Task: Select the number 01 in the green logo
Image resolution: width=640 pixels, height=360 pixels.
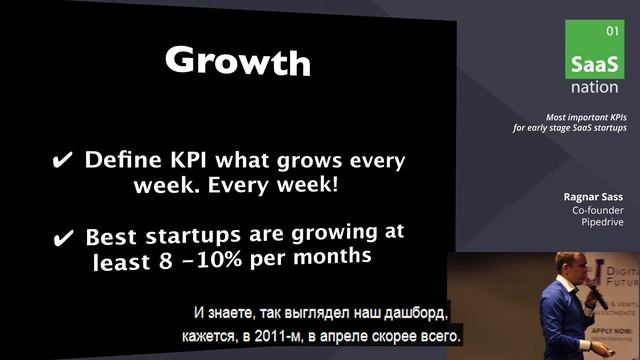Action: (x=613, y=32)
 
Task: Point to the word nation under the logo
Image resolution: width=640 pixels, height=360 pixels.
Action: (x=594, y=87)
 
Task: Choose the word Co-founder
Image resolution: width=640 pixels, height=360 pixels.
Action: (x=598, y=211)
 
